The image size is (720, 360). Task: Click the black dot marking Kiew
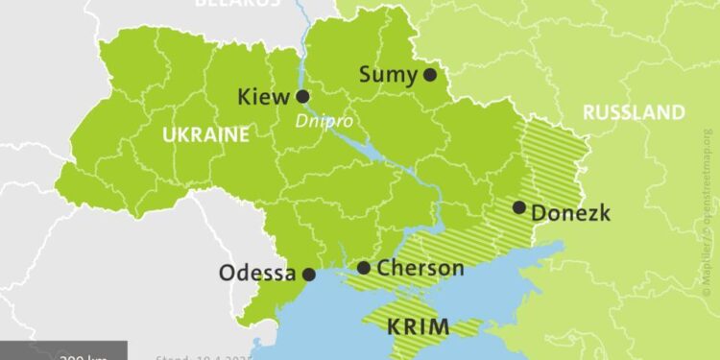[x=302, y=96]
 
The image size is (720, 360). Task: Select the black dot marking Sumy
[x=430, y=74]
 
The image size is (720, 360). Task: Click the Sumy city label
[x=389, y=74]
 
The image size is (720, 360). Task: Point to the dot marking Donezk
[x=518, y=206]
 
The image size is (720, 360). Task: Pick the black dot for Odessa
[x=309, y=274]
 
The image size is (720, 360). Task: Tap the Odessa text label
[x=257, y=273]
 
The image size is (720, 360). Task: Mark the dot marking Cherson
[x=364, y=268]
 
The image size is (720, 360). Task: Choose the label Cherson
[x=420, y=268]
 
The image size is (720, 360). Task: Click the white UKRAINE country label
[x=204, y=134]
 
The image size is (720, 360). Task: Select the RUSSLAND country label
[x=634, y=112]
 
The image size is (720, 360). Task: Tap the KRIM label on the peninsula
[x=418, y=326]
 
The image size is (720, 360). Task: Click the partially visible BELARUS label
[x=237, y=3]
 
